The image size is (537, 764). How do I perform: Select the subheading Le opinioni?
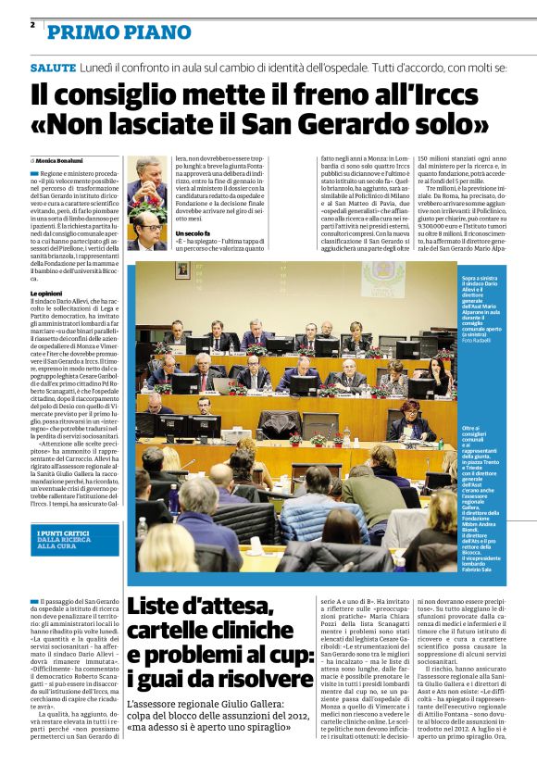[46, 294]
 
